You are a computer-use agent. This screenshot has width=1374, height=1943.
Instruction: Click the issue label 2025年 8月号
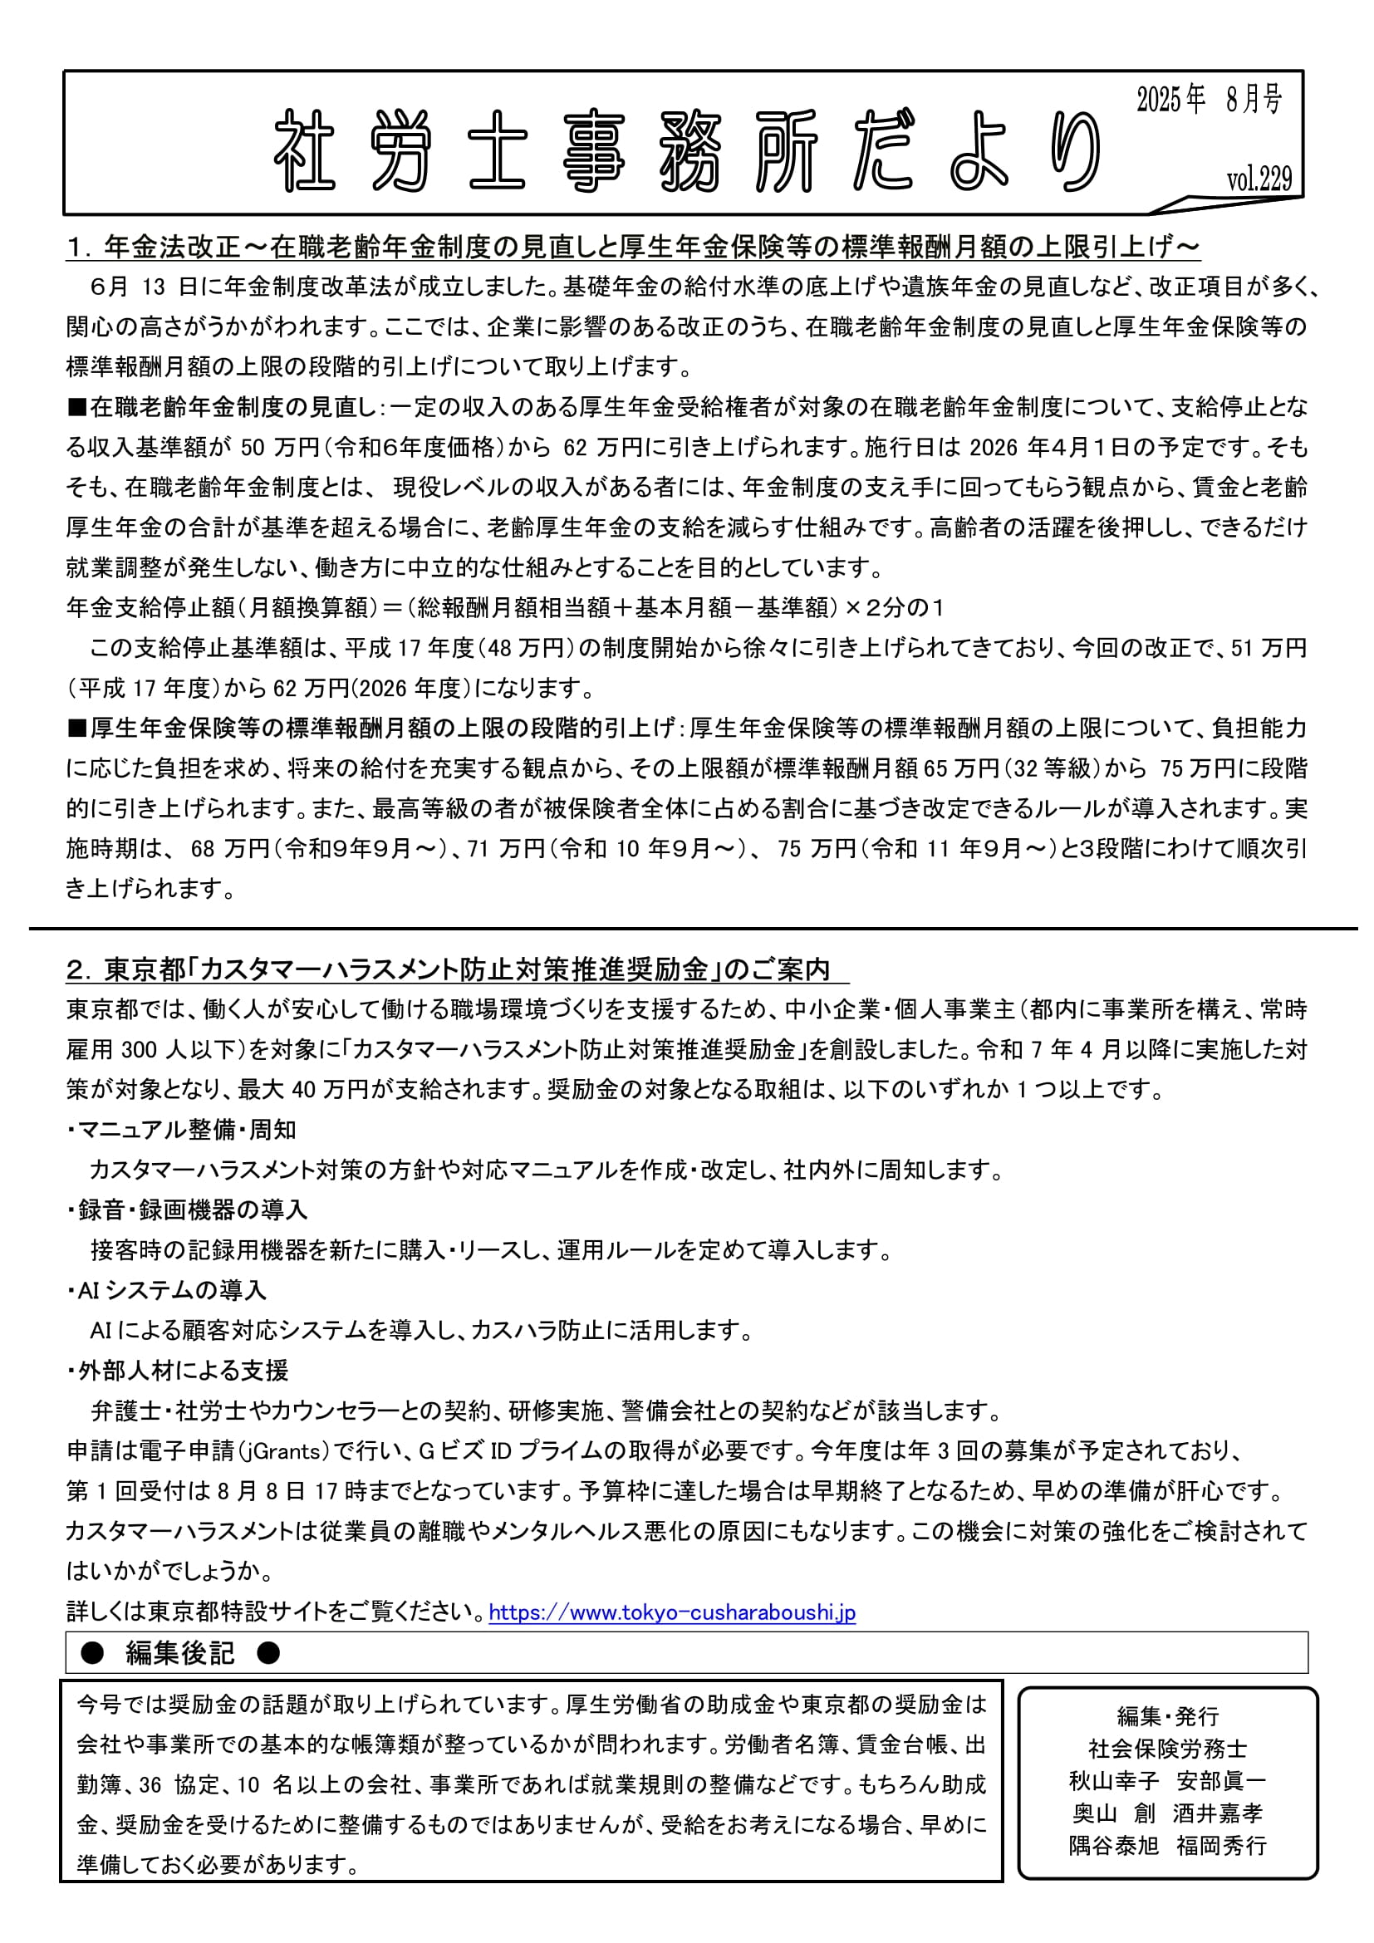1209,101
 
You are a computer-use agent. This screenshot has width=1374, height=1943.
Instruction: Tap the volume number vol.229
1259,179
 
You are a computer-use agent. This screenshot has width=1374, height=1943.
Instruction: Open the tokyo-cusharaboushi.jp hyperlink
672,1612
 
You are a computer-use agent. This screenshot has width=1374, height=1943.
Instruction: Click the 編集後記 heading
179,1653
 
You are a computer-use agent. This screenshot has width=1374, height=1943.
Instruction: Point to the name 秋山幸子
1113,1781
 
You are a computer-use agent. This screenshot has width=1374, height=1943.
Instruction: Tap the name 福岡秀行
1221,1846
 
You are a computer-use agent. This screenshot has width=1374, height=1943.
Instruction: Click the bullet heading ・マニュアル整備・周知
181,1130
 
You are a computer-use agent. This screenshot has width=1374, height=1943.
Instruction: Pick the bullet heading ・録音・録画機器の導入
187,1210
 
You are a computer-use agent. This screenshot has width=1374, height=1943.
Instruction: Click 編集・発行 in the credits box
1167,1716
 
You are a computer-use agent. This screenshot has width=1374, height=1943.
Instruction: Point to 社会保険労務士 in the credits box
1167,1749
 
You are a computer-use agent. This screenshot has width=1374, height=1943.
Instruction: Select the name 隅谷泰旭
1113,1846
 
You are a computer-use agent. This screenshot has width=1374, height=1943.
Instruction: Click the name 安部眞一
1221,1781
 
